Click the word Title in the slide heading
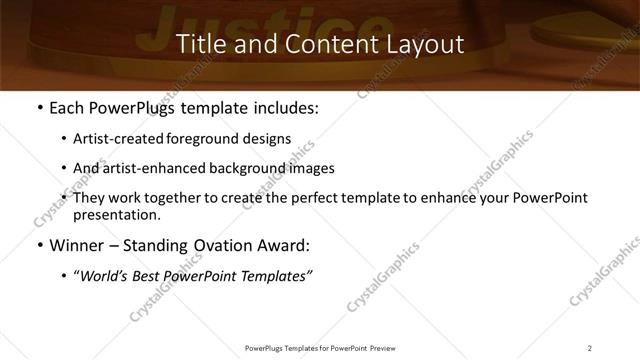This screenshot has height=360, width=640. pos(198,44)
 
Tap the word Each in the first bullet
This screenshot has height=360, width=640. pos(67,108)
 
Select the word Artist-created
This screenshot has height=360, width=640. pos(111,139)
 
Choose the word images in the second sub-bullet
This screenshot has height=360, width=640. pos(310,168)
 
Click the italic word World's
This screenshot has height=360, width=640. pos(103,276)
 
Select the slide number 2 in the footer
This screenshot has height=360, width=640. pos(590,347)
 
